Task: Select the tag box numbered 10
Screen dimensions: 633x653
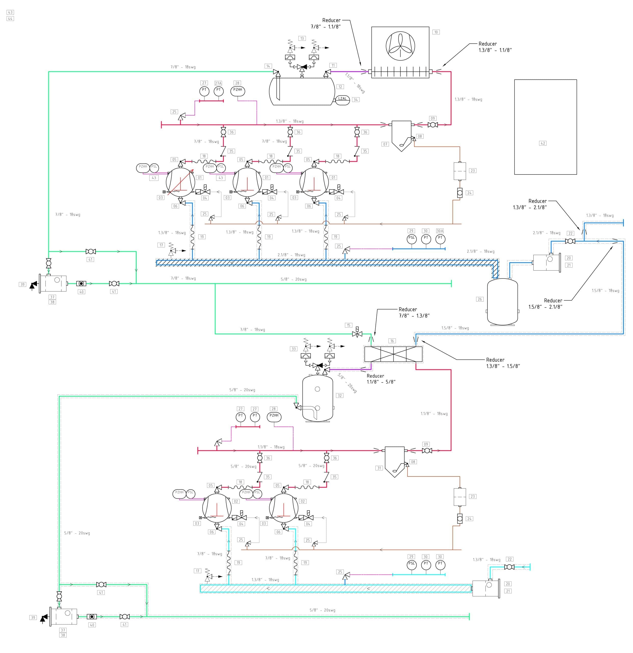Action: coord(436,32)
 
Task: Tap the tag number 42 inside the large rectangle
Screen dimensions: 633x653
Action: coord(543,143)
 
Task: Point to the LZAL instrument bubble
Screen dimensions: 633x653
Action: coord(342,99)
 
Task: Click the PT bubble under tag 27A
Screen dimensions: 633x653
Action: coord(218,91)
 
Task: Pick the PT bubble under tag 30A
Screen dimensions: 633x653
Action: coord(440,238)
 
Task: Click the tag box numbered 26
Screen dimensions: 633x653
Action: coord(480,299)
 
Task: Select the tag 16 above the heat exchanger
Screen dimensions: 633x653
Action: coord(392,341)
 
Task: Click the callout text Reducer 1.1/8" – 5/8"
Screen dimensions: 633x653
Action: coord(381,379)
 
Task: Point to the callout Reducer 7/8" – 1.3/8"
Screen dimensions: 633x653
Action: coord(414,312)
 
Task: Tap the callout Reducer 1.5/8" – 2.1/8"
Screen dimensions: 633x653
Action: coord(545,304)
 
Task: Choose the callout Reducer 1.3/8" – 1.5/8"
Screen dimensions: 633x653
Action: coord(503,363)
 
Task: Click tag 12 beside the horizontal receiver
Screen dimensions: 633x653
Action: coord(340,87)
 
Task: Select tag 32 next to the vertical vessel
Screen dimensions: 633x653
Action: coord(340,395)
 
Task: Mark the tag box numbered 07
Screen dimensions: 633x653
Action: coord(385,144)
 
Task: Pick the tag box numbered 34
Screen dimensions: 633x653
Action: coord(356,100)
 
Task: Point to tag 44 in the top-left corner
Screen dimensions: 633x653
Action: coord(10,19)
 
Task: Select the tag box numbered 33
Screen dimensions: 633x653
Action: coord(293,349)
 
